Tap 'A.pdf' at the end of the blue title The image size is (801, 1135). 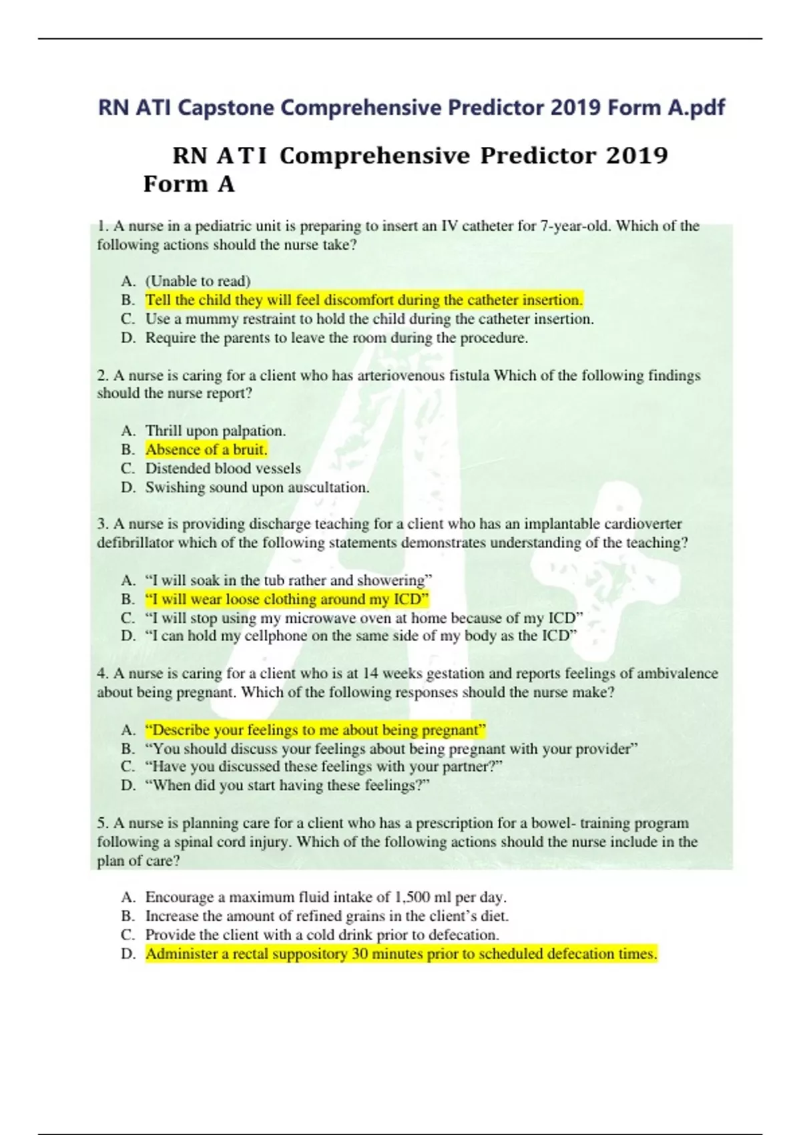pos(696,107)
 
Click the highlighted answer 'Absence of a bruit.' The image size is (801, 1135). pos(206,449)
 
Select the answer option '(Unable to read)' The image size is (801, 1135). pos(198,281)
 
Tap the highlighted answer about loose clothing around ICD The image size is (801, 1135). pos(286,599)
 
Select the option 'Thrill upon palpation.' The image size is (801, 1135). pos(215,431)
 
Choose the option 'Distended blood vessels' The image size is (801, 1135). pos(223,469)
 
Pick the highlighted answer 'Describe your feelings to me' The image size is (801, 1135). pos(315,730)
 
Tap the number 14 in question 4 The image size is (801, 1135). pos(371,674)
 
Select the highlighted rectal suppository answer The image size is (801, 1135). pos(401,954)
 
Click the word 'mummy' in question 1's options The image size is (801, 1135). pos(207,319)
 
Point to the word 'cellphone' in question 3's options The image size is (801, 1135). pos(276,636)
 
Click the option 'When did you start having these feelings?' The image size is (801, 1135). pos(287,786)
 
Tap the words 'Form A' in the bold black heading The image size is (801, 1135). pos(189,184)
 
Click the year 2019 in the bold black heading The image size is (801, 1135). pos(637,156)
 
